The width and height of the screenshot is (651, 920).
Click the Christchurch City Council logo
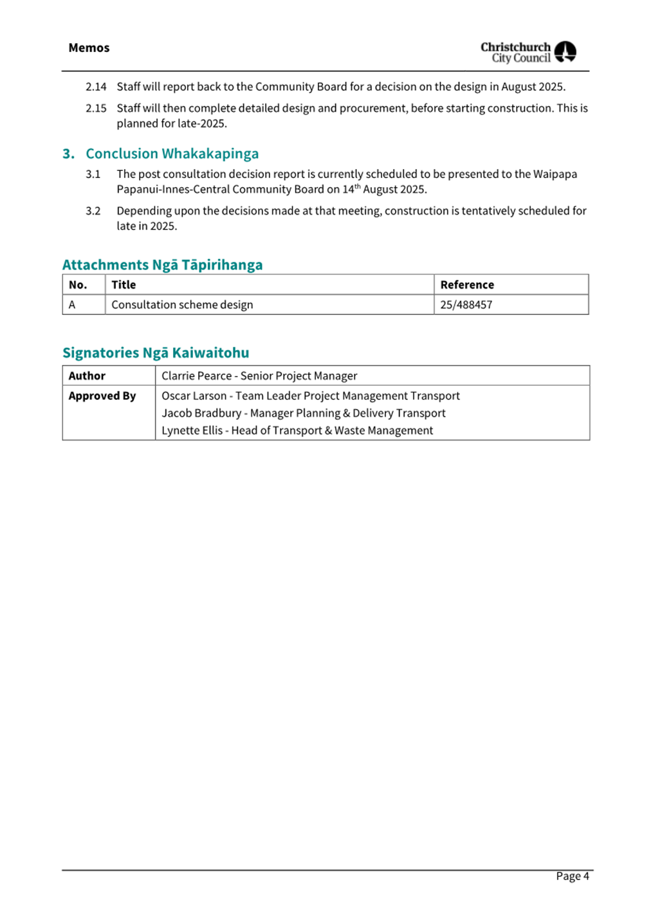tap(528, 51)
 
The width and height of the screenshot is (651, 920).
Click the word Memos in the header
tap(89, 48)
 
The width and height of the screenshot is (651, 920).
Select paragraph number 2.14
tap(96, 87)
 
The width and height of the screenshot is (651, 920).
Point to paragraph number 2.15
tap(96, 109)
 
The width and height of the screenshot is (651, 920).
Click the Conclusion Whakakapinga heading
tap(172, 154)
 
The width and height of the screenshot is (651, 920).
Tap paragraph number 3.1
tap(93, 174)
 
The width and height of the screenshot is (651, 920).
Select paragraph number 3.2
tap(93, 211)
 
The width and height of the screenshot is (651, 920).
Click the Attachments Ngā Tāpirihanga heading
tap(162, 265)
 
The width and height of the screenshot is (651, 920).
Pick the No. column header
tap(78, 285)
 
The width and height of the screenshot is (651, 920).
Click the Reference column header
tap(467, 285)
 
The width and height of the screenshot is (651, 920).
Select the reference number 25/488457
tap(466, 305)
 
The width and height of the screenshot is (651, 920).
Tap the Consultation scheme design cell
tap(182, 305)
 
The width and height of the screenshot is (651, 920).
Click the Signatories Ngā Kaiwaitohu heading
tap(156, 352)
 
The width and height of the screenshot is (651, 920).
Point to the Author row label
tap(87, 376)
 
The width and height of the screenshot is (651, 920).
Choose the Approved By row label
tap(102, 396)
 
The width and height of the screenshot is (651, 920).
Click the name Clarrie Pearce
tap(196, 376)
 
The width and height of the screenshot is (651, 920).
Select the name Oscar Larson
tap(194, 396)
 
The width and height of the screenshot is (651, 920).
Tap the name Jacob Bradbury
tap(201, 413)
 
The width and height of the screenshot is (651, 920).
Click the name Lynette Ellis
tap(192, 431)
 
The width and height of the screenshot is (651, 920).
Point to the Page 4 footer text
tap(572, 876)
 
